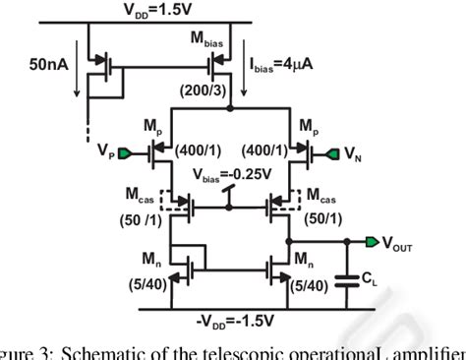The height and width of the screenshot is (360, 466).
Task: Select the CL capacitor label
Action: click(371, 278)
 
